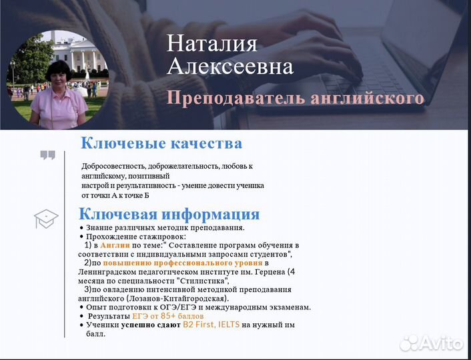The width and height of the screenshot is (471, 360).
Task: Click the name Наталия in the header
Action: (x=211, y=43)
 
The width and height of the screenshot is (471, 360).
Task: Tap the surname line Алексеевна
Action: (x=229, y=66)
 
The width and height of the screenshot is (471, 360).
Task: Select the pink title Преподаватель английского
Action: (x=296, y=98)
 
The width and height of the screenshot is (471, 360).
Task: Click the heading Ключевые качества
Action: (x=161, y=143)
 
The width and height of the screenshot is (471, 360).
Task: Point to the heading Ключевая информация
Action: (x=169, y=214)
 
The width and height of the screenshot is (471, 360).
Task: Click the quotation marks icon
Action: (x=47, y=155)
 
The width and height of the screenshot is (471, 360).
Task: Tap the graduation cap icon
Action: (x=46, y=218)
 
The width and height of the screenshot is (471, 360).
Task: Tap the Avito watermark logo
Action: (x=432, y=343)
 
